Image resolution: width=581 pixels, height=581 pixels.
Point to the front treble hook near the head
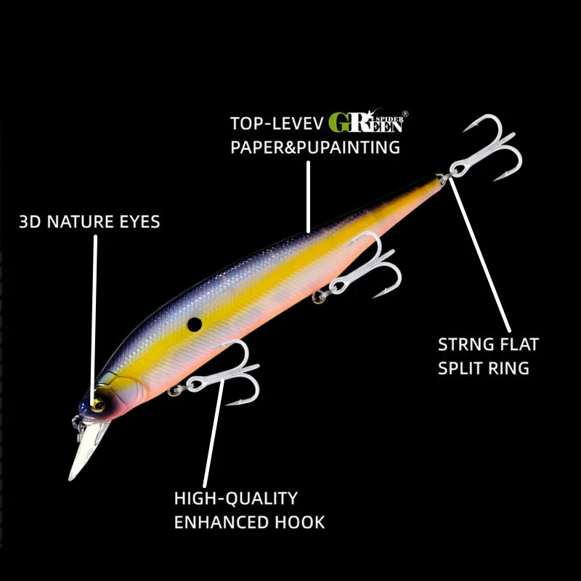[x=225, y=374]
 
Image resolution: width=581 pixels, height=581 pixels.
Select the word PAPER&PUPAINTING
[x=315, y=147]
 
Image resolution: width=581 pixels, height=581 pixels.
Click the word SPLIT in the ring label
[x=462, y=367]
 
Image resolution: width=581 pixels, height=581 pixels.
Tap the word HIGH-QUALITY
[x=236, y=498]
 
